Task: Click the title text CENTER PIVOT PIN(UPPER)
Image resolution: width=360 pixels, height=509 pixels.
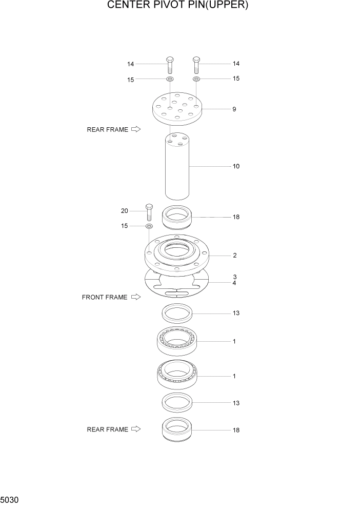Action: point(178,6)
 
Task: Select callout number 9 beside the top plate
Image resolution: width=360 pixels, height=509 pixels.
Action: point(234,109)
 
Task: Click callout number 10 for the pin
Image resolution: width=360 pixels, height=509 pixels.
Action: point(235,166)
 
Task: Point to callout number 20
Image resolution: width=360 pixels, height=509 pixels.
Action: point(124,211)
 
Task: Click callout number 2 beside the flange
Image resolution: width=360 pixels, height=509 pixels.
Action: point(234,255)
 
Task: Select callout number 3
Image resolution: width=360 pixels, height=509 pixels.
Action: point(234,277)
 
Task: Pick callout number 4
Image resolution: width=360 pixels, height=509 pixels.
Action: point(234,283)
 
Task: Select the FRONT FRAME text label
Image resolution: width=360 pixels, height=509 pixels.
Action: point(104,297)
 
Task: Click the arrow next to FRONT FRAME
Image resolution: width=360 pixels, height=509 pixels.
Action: point(135,297)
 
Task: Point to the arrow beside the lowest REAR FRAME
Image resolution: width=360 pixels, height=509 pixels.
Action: point(135,429)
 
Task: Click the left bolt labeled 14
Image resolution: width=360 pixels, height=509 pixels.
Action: point(170,65)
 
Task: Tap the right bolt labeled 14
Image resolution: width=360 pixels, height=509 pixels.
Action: point(196,65)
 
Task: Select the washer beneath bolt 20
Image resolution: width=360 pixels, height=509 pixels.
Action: point(149,226)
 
